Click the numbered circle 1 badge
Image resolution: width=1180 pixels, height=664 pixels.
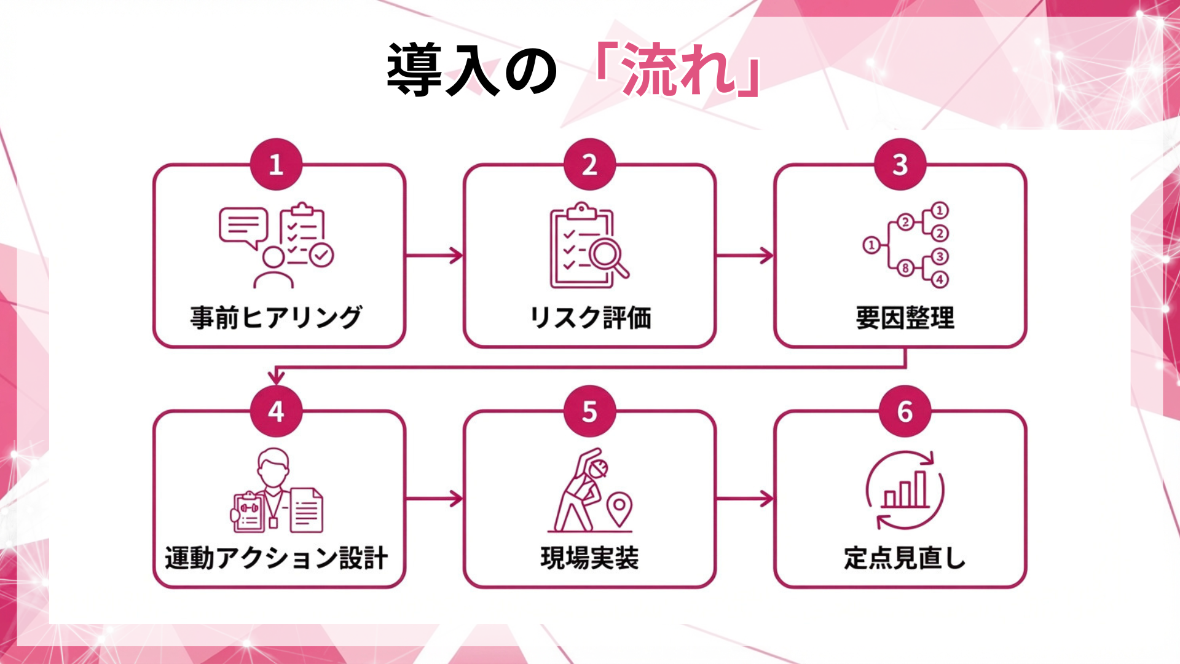[276, 164]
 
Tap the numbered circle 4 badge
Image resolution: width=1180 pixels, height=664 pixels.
[276, 411]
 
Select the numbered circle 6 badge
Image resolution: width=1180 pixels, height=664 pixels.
[905, 411]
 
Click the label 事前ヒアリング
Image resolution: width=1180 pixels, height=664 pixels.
[276, 318]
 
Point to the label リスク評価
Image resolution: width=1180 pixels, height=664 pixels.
[590, 318]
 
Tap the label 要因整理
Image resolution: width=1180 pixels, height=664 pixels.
[905, 318]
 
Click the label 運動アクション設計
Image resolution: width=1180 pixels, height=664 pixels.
[276, 558]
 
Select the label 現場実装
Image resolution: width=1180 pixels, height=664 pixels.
[590, 558]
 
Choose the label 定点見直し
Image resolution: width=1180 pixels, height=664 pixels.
[905, 558]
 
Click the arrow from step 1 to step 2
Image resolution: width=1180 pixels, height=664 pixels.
[434, 255]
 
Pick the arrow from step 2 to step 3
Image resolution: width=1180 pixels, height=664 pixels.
[745, 255]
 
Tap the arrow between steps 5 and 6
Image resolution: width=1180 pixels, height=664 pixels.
[745, 499]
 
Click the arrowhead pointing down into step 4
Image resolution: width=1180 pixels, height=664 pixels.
[277, 376]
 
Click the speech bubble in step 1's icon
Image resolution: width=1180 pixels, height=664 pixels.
[243, 226]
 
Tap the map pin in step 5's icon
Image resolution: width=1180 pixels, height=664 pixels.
[619, 508]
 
